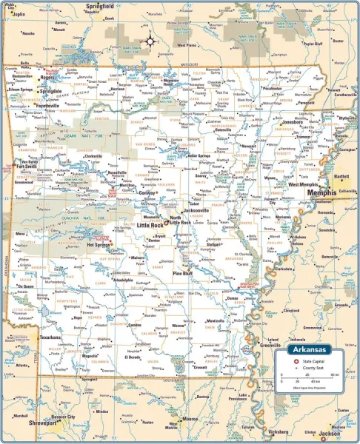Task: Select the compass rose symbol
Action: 148,41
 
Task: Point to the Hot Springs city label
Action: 100,243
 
